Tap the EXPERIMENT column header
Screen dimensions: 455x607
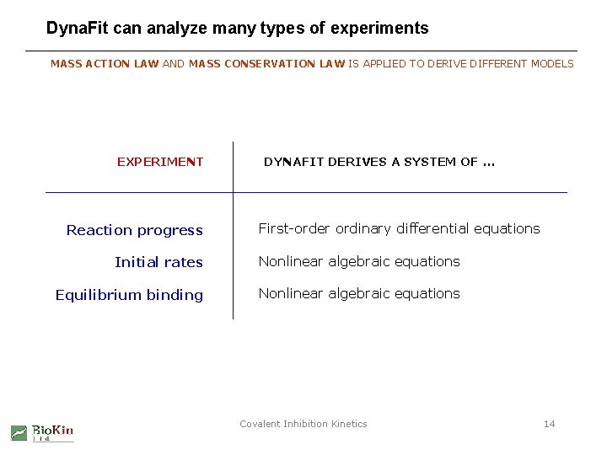(160, 162)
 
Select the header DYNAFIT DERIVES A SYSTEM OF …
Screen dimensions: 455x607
(379, 162)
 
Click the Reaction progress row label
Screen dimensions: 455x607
(135, 230)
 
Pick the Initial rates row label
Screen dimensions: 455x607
(158, 262)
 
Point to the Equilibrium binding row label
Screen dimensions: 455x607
(129, 295)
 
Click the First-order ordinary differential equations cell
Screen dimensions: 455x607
(399, 228)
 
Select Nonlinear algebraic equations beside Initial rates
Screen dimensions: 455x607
(359, 261)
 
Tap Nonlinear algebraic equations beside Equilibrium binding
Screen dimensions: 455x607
(359, 293)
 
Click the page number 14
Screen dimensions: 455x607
(549, 424)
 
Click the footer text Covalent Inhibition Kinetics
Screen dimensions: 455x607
(303, 424)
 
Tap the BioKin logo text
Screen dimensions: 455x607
(52, 431)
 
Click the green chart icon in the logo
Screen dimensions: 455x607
(19, 433)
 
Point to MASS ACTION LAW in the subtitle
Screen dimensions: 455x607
(105, 64)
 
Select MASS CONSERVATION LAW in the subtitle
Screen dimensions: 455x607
(267, 64)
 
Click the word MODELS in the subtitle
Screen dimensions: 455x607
(552, 64)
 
